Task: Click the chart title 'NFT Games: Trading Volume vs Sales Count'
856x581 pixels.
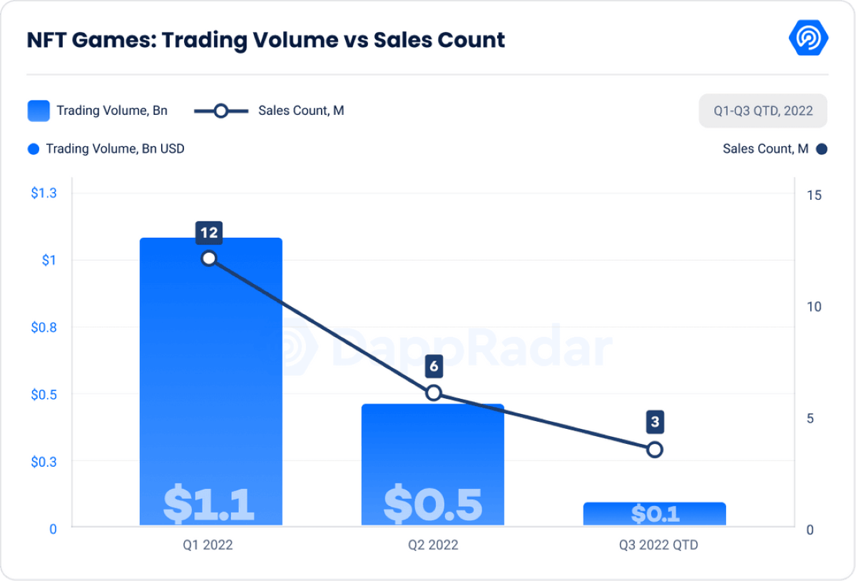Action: (265, 40)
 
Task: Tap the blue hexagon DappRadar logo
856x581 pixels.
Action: (808, 38)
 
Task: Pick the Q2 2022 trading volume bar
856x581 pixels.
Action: (433, 465)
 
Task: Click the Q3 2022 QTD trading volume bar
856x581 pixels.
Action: (654, 514)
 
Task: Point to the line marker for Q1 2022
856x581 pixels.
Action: (209, 258)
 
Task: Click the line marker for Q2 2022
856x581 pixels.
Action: (433, 393)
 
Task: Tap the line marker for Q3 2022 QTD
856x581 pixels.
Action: (655, 450)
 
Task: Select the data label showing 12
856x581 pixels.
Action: (209, 232)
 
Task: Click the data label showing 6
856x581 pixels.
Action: (433, 367)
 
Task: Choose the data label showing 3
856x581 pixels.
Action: (655, 423)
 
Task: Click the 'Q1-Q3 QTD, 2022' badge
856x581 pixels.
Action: (763, 111)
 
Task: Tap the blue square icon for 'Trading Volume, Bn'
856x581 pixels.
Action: (39, 111)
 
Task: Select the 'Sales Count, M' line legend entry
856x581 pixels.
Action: (270, 111)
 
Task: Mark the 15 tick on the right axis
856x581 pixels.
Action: (814, 195)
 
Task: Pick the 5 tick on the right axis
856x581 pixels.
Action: (810, 418)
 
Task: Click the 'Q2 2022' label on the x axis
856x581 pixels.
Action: (433, 545)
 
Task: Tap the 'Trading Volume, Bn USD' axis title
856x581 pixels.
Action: (115, 149)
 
